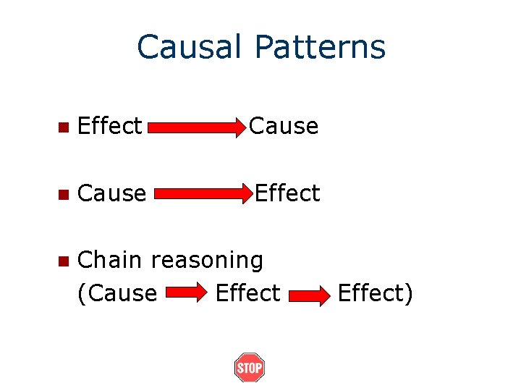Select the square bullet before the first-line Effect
coord(64,127)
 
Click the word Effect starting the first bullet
coord(109,126)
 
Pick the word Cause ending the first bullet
coord(284,126)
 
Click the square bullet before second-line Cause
coord(64,195)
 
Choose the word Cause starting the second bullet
coord(111,193)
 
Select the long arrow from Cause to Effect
coord(203,195)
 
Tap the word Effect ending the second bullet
coord(287,193)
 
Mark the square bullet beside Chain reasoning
coord(64,261)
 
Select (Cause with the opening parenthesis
coord(117,293)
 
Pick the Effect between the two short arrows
coord(247,293)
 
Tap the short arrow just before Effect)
coord(310,295)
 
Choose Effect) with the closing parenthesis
coord(375,293)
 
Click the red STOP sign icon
coord(250,368)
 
